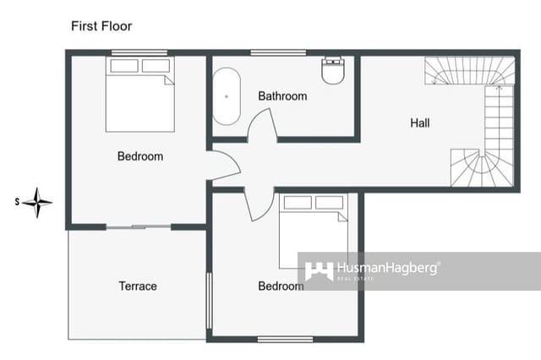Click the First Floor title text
(x=101, y=26)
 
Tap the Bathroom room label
(x=282, y=96)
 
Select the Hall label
(x=420, y=123)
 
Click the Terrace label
(x=138, y=286)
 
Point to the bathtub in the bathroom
(x=227, y=95)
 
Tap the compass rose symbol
(x=37, y=202)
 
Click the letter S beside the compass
(x=17, y=202)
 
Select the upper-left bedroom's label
(x=140, y=156)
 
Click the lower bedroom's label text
(x=281, y=286)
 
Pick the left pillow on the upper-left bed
(x=124, y=66)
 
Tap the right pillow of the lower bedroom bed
(x=330, y=203)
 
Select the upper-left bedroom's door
(x=224, y=165)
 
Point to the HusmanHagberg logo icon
(x=319, y=271)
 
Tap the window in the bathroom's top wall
(x=278, y=53)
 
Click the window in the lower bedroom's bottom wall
(x=285, y=339)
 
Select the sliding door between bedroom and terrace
(x=139, y=226)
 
